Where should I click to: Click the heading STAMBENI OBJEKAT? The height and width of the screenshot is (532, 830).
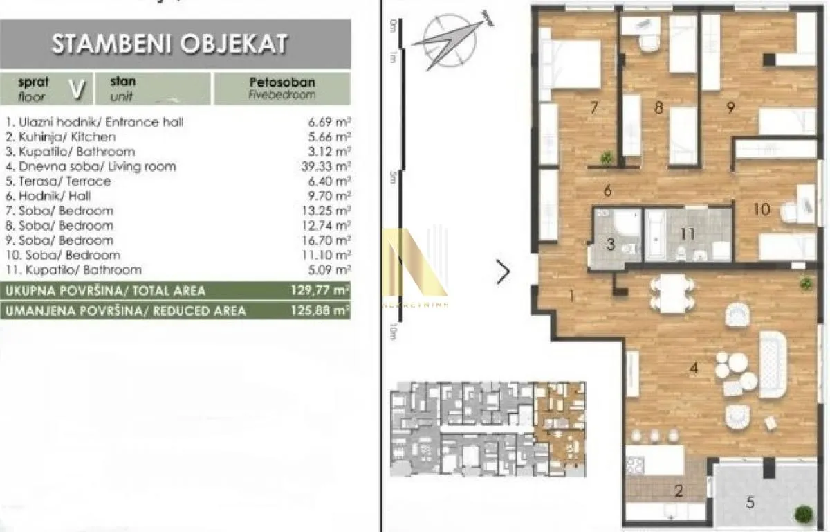(169, 44)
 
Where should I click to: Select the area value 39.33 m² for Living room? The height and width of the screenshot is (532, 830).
(329, 166)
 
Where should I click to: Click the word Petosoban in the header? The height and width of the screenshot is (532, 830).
(282, 82)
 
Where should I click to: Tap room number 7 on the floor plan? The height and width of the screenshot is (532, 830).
(593, 107)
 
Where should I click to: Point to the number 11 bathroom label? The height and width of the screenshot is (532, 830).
(686, 234)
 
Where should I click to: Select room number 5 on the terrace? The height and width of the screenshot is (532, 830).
(750, 502)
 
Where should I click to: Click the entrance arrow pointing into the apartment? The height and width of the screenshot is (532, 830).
(503, 272)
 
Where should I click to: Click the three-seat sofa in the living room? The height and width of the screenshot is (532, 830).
(773, 364)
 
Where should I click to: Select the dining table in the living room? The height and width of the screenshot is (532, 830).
(672, 293)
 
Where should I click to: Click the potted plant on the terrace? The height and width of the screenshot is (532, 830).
(803, 515)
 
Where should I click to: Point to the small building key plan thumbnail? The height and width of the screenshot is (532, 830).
(488, 429)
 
